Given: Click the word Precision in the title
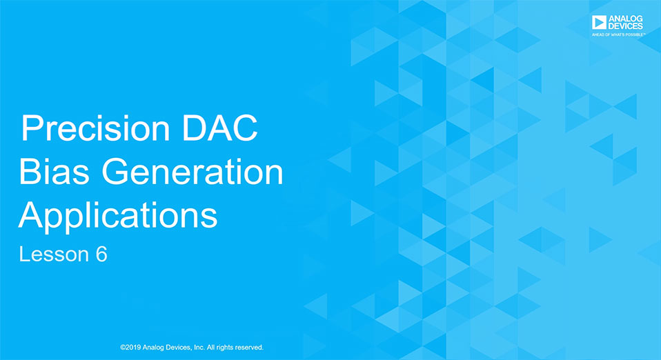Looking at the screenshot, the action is click(x=95, y=128).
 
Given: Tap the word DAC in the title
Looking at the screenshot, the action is click(x=219, y=128).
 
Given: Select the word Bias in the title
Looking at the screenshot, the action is click(x=54, y=171).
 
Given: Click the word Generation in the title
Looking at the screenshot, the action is click(x=193, y=171).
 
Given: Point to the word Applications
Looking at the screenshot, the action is click(x=117, y=217).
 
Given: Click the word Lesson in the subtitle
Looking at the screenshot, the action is click(x=54, y=254).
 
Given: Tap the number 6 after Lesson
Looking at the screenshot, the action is click(x=101, y=254).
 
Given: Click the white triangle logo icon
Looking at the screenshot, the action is click(x=599, y=22).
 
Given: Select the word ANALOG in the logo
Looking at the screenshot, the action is click(x=626, y=19).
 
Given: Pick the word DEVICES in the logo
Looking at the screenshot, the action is click(x=626, y=26).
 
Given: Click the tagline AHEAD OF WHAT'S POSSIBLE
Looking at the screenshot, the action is click(x=618, y=34).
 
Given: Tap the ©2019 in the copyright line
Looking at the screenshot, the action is click(x=130, y=348).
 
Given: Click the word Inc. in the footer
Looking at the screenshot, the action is click(x=199, y=348).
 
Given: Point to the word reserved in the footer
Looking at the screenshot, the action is click(x=248, y=348).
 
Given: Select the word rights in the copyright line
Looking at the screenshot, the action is click(x=224, y=348).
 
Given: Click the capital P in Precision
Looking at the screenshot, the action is click(x=30, y=128).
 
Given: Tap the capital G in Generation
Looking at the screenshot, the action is click(x=115, y=171).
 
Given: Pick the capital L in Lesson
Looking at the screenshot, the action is click(x=23, y=254).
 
